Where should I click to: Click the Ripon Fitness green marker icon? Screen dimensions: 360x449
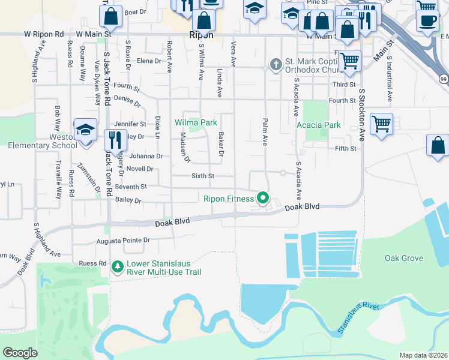[x=262, y=197]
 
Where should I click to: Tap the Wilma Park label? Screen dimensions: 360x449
[x=196, y=122]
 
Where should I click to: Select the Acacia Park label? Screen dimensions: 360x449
[x=318, y=125]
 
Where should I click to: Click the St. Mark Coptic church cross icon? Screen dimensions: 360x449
[x=276, y=64]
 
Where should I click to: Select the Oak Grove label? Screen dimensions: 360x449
[x=404, y=259]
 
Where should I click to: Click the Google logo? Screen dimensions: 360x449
[x=20, y=352]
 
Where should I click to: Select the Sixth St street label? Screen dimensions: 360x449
[x=202, y=176]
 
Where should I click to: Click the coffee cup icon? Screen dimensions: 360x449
[x=428, y=20]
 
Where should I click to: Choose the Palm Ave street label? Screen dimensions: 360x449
[x=264, y=132]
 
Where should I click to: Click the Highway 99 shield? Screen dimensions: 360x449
[x=443, y=79]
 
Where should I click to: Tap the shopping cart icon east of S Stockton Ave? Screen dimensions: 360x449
[x=381, y=124]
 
